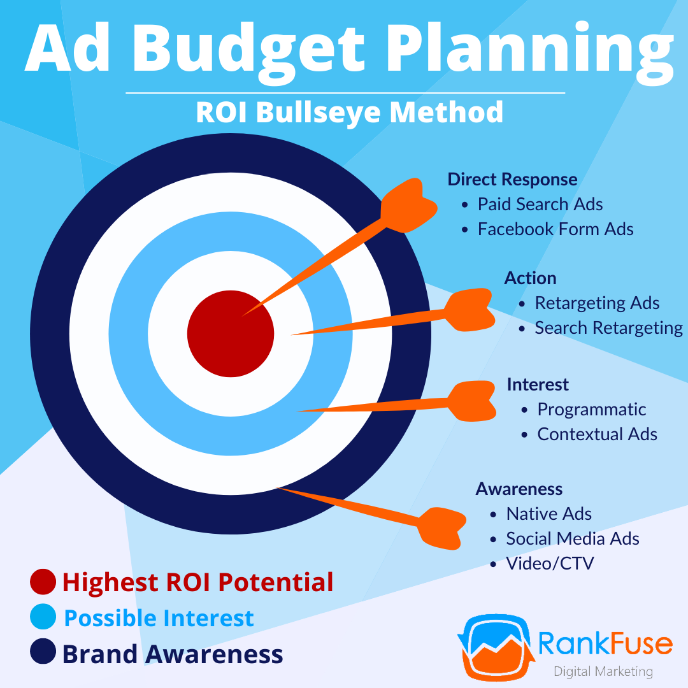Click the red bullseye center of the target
pyautogui.click(x=231, y=333)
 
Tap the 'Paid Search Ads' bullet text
pyautogui.click(x=540, y=204)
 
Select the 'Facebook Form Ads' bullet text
pyautogui.click(x=555, y=229)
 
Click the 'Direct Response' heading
pyautogui.click(x=512, y=179)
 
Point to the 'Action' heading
pyautogui.click(x=530, y=278)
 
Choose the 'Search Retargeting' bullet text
pyautogui.click(x=608, y=327)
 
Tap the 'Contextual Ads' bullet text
pyautogui.click(x=597, y=434)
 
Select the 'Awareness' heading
pyautogui.click(x=519, y=489)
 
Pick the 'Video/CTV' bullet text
pyautogui.click(x=550, y=563)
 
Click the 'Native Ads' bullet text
pyautogui.click(x=548, y=514)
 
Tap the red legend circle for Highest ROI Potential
pyautogui.click(x=43, y=582)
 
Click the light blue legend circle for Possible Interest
pyautogui.click(x=43, y=618)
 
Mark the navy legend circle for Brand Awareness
pyautogui.click(x=43, y=654)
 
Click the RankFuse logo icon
pyautogui.click(x=492, y=644)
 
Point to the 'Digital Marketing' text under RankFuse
pyautogui.click(x=603, y=671)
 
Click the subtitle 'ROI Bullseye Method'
pyautogui.click(x=349, y=112)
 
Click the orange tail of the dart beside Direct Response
pyautogui.click(x=408, y=200)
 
